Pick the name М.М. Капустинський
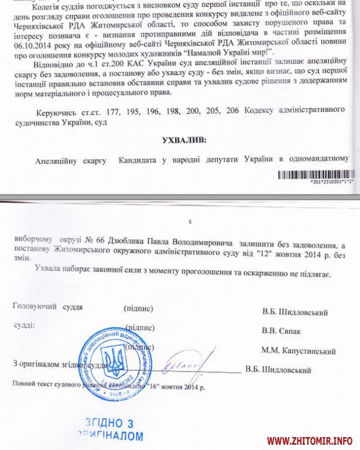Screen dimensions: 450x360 point(298,351)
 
